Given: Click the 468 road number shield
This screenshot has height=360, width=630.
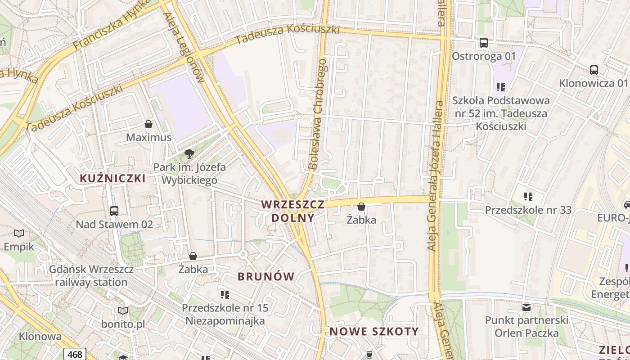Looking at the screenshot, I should (x=75, y=354).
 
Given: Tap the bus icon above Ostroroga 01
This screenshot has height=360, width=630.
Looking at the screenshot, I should (x=484, y=43).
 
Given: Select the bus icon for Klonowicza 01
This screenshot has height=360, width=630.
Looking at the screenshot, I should (x=594, y=70).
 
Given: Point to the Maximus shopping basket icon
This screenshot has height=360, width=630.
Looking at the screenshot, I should (x=148, y=124).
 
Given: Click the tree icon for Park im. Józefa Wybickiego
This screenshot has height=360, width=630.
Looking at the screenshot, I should (x=189, y=154).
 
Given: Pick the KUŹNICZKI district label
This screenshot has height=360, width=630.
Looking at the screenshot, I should (x=112, y=178).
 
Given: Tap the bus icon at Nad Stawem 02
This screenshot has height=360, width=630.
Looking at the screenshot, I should (x=114, y=211).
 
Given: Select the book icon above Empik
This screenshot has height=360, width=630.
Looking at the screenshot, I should (x=19, y=233).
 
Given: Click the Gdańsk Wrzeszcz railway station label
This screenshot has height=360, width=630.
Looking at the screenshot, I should (x=91, y=276).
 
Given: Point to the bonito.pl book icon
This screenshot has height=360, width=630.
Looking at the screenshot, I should (x=123, y=310).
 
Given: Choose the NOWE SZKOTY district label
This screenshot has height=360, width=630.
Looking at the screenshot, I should (x=374, y=332).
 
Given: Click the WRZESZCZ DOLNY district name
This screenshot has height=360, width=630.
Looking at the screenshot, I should (x=292, y=211).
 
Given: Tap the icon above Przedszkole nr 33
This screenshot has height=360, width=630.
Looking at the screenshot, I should (x=528, y=196).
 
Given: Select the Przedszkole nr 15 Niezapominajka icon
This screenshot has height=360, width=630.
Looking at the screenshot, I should (x=225, y=295).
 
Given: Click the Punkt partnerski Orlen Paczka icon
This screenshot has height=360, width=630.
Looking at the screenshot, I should (x=526, y=307).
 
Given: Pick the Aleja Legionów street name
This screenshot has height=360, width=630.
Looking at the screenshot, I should (x=184, y=47).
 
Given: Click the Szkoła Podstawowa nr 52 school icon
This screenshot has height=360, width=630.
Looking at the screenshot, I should (x=501, y=87).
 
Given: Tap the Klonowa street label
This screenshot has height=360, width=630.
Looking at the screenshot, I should (x=40, y=336).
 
